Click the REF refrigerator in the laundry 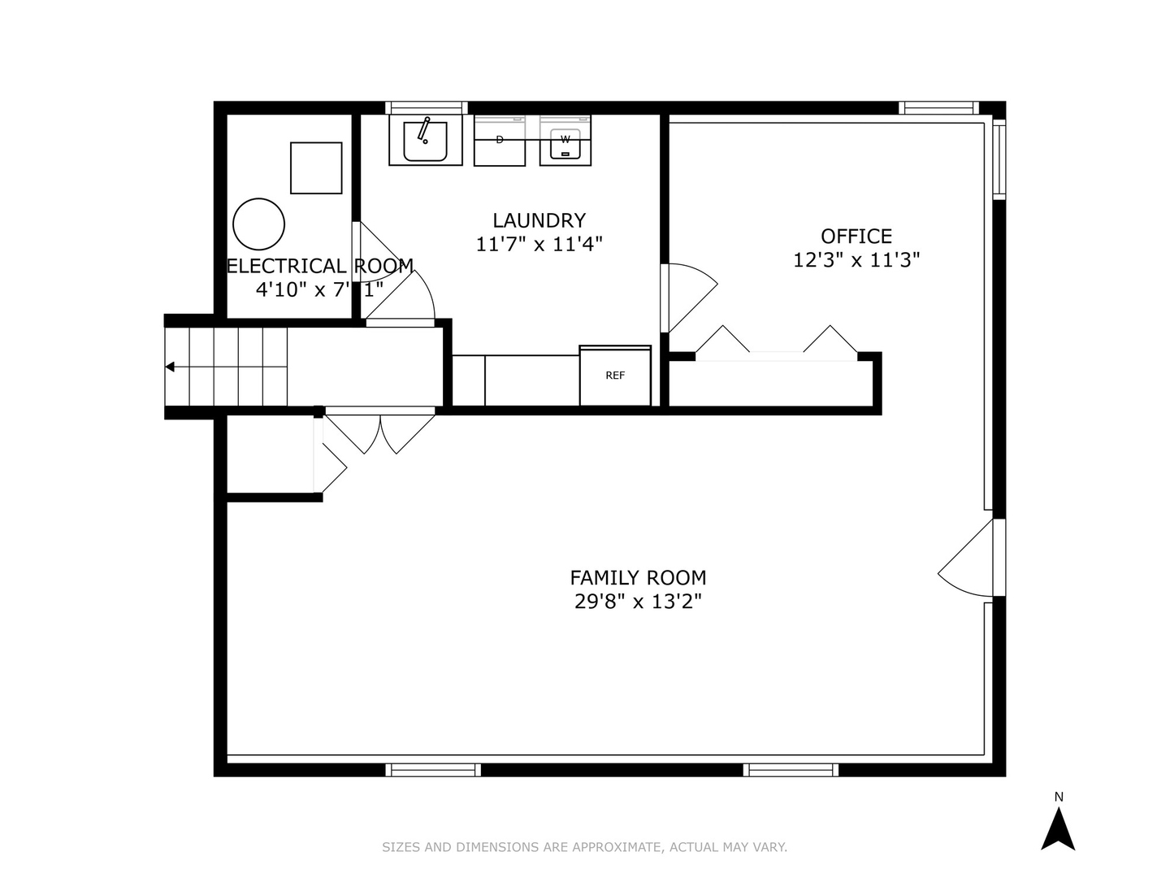coord(614,376)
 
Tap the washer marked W coord(565,140)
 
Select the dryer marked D coord(500,140)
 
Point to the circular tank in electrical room coord(259,224)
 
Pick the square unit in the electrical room coord(316,168)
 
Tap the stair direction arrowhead coord(170,367)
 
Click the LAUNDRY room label coord(539,220)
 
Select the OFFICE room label coord(856,236)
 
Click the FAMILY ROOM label coord(638,577)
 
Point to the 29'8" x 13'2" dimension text coord(638,602)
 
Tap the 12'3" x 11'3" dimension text coord(856,260)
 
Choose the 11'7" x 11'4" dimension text coord(539,244)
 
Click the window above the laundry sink coord(427,107)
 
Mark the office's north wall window coord(938,107)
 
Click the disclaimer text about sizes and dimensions coord(585,846)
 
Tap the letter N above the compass coord(1059,797)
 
